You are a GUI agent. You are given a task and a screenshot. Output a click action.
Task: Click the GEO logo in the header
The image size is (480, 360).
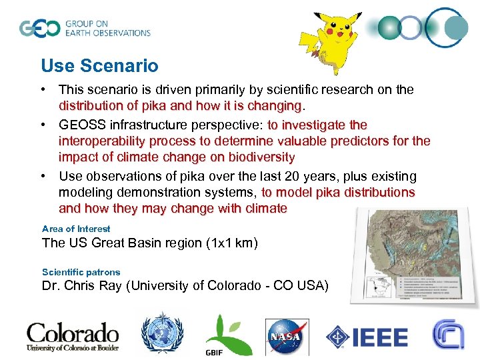[x=85, y=28]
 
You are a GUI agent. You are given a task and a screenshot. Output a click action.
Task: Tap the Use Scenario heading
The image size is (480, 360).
[x=99, y=66]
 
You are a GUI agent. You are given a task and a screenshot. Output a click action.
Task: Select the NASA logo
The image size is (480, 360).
[x=287, y=337]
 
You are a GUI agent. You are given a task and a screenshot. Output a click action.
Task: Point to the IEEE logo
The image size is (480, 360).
[x=367, y=337]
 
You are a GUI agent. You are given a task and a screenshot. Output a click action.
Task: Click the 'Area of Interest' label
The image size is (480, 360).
[x=76, y=229]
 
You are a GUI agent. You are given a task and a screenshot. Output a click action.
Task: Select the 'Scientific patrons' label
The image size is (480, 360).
[x=81, y=272]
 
